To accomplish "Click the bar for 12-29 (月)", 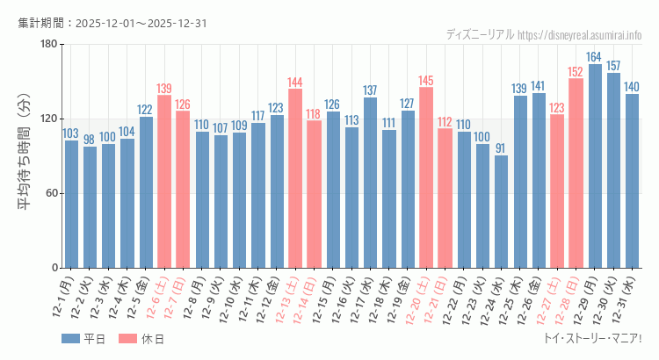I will coord(595,166).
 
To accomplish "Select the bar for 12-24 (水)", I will coord(501,212).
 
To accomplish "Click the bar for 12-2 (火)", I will coord(90,207).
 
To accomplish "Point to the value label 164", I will coord(595,57).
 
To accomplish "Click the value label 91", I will coord(501,148).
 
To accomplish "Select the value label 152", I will coord(576,72).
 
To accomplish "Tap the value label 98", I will coord(90,140).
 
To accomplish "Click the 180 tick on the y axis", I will coord(48,45).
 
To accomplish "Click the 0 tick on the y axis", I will coord(54,268).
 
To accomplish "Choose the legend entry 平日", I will coord(84,339).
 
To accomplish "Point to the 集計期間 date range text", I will coord(112,23).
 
